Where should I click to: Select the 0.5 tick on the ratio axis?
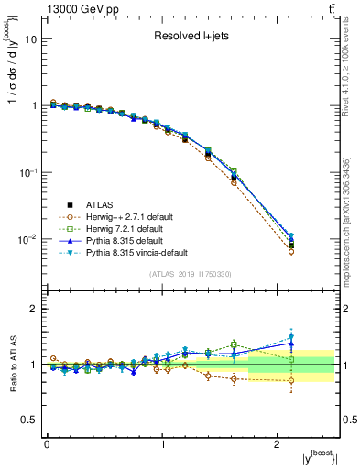click(29, 420)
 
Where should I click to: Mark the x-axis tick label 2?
click(278, 444)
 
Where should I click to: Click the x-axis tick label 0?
click(47, 444)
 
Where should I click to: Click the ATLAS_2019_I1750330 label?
click(191, 274)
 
